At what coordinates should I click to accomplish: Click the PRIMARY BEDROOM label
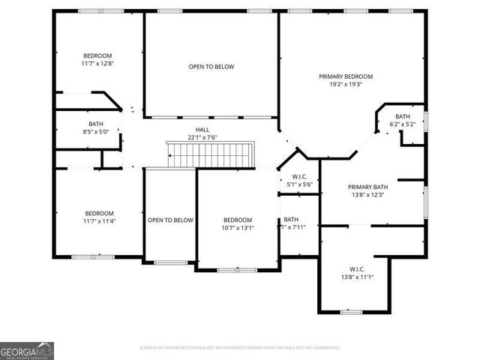(346, 76)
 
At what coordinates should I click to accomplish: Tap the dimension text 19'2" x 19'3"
(346, 85)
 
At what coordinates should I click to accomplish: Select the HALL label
(202, 129)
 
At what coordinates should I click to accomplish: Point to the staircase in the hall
(211, 155)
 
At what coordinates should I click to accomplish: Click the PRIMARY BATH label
(367, 187)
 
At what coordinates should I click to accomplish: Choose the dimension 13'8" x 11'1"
(356, 277)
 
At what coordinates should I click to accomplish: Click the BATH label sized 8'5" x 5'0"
(96, 124)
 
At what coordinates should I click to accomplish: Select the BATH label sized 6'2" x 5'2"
(403, 116)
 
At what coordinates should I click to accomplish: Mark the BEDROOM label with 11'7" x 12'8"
(97, 56)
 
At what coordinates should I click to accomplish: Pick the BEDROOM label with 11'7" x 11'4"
(99, 213)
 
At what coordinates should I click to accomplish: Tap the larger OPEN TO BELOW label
(211, 67)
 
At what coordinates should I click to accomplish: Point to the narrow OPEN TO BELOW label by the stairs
(170, 220)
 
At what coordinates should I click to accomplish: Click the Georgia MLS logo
(27, 351)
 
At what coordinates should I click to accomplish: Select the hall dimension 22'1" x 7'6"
(202, 137)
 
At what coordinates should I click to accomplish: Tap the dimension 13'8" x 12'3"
(367, 195)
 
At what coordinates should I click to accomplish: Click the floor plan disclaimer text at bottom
(240, 348)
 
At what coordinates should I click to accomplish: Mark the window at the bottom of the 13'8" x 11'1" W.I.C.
(351, 311)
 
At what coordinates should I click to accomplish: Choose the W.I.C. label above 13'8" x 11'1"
(356, 269)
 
